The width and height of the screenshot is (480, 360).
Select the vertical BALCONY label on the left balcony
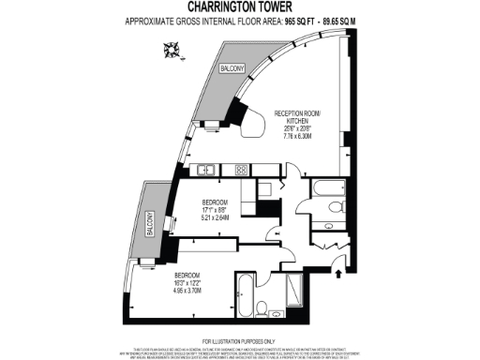(x=149, y=225)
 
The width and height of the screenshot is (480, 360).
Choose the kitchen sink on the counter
(x=206, y=170)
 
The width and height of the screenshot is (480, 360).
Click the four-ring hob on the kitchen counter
(x=240, y=170)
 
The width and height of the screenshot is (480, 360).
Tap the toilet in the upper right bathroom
(x=330, y=225)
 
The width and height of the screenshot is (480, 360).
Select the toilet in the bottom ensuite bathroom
(x=263, y=308)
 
